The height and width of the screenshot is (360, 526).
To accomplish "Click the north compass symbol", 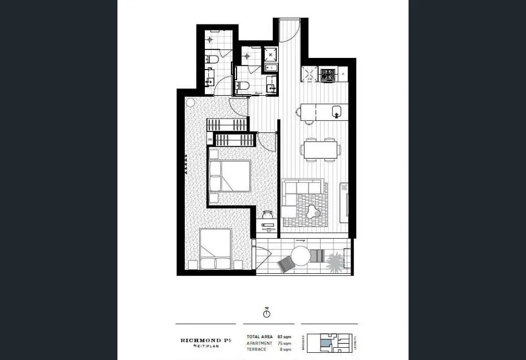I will [x=267, y=313].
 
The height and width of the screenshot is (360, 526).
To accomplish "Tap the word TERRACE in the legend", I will [x=257, y=349].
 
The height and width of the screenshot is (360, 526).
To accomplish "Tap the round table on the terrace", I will [x=300, y=256].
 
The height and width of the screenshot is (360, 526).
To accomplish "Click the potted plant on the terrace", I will [x=335, y=263].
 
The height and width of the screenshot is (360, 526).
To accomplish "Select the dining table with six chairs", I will [x=320, y=150].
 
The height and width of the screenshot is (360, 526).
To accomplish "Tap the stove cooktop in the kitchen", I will [x=328, y=75].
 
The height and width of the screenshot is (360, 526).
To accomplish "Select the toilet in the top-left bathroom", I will [x=213, y=60].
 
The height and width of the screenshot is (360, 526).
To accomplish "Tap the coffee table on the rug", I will [x=313, y=212].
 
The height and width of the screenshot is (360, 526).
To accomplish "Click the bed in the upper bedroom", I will [x=230, y=176].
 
